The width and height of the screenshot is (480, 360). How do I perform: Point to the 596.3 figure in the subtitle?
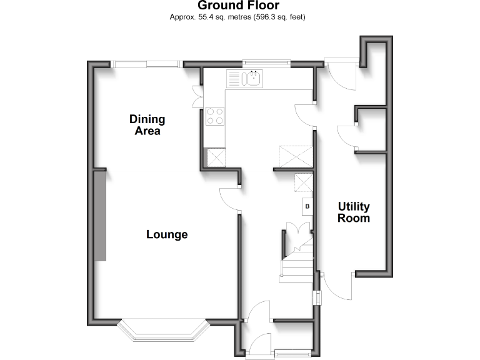(x=266, y=17)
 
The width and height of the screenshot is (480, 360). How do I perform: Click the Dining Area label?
(x=147, y=125)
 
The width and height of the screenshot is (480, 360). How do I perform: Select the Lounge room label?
(x=167, y=235)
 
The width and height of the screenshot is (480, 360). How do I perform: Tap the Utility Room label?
(x=354, y=212)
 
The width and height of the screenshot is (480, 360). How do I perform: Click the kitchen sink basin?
(x=255, y=79)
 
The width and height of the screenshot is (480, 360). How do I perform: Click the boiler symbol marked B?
(x=307, y=206)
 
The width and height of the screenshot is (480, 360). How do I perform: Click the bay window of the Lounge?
(x=164, y=331)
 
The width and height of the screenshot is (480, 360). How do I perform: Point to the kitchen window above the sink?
(x=266, y=61)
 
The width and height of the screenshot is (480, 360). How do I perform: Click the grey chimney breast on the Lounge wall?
(x=100, y=215)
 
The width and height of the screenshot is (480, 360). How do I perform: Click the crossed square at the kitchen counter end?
(x=216, y=157)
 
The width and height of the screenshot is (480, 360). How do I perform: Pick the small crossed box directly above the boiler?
(x=304, y=183)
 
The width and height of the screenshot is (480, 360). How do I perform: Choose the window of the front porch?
(x=292, y=355)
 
